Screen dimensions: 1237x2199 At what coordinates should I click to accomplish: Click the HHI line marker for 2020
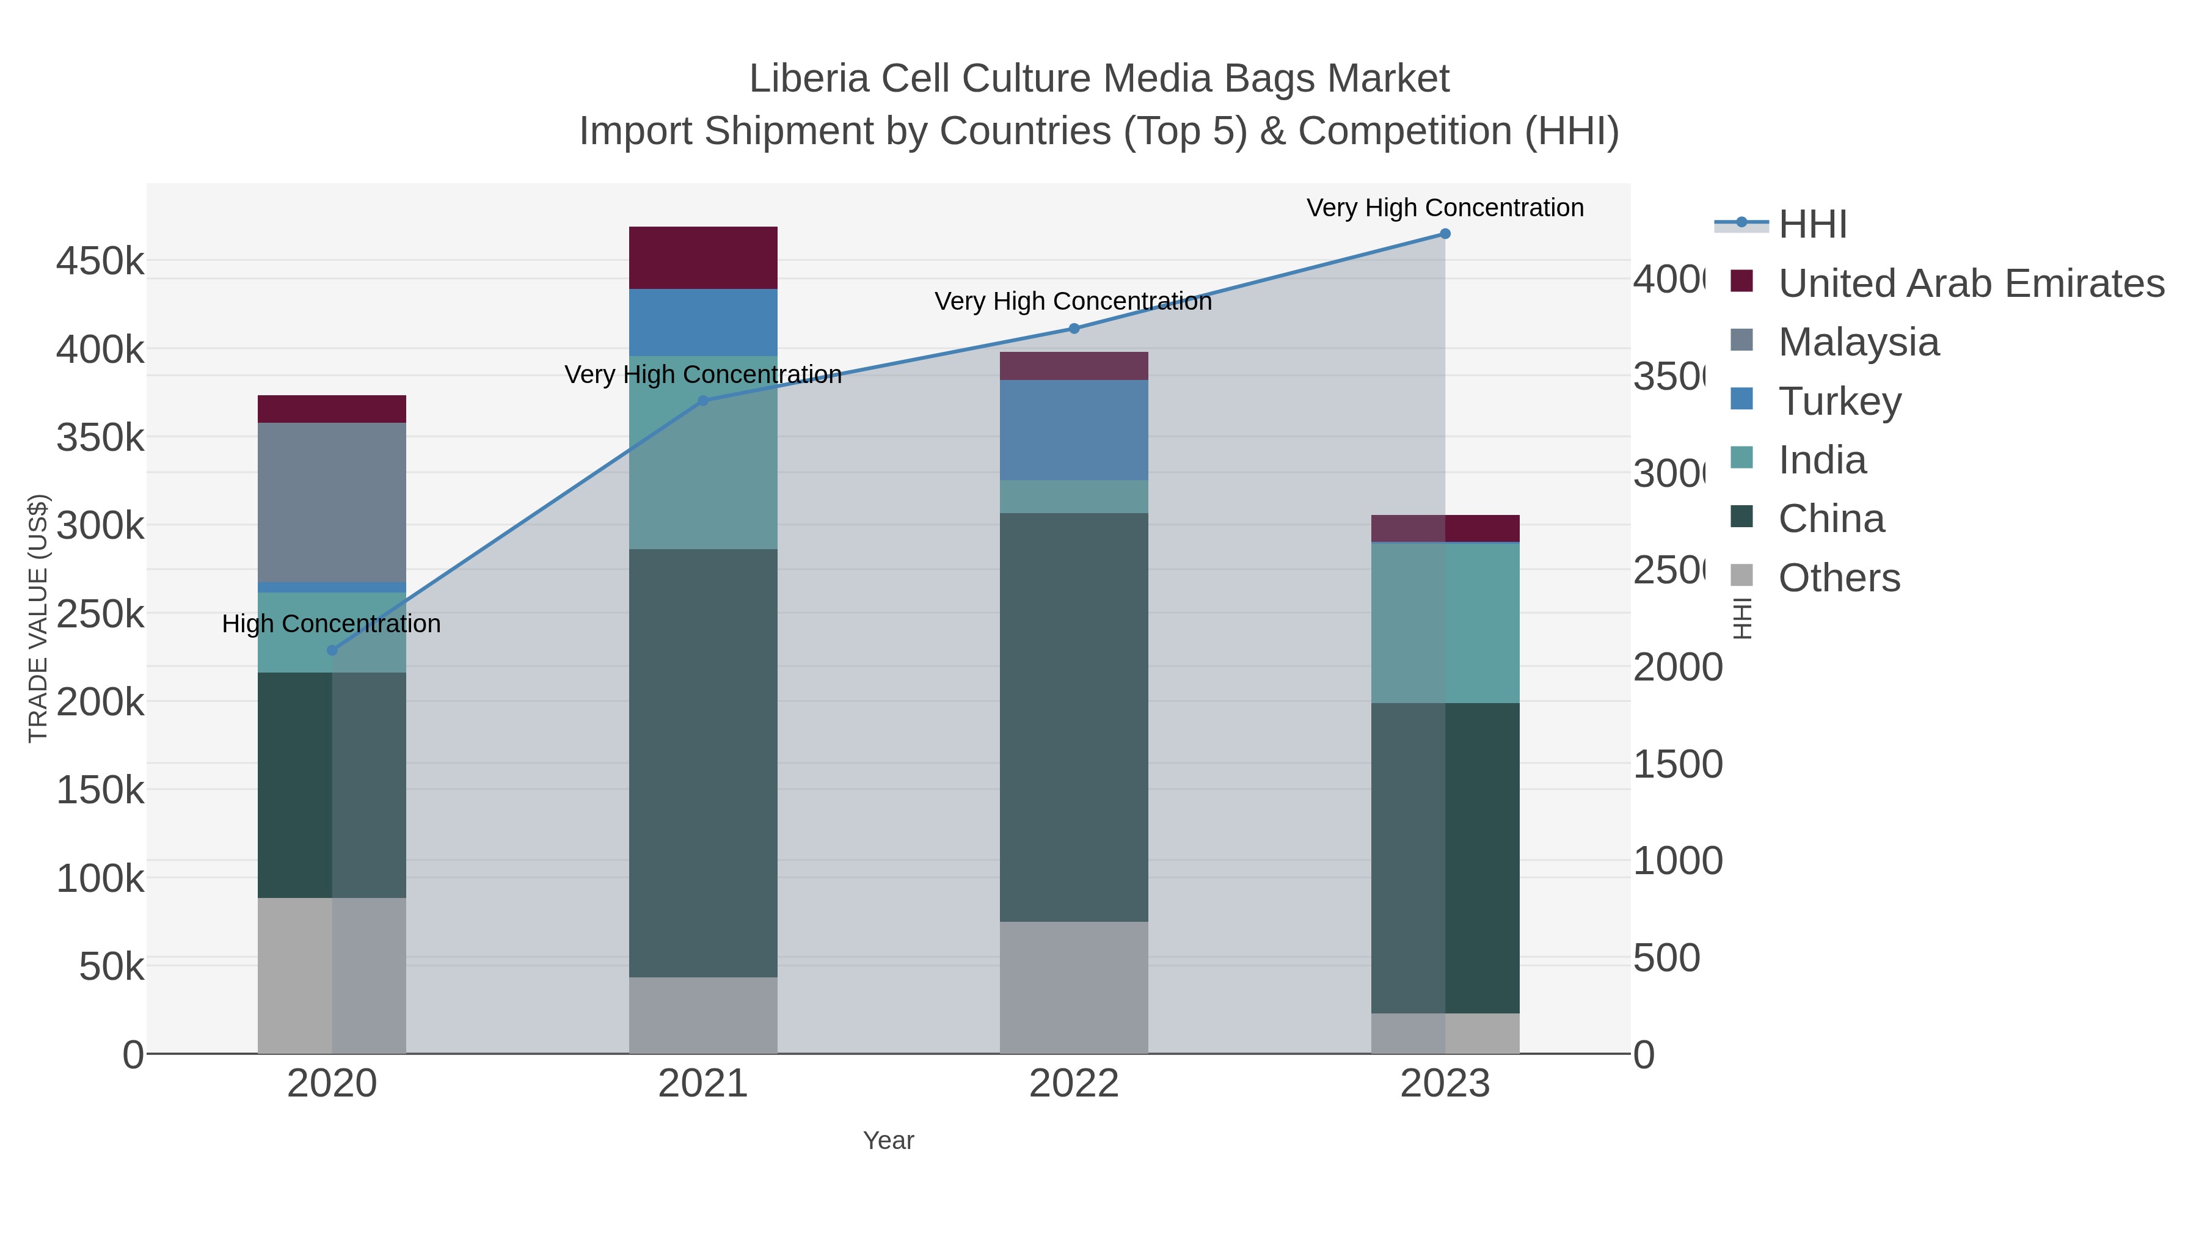(x=332, y=651)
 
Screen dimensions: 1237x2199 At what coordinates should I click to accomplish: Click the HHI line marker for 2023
(x=1445, y=234)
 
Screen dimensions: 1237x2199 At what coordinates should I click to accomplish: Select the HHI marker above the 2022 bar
(x=1074, y=329)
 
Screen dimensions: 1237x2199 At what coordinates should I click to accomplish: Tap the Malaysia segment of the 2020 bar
(x=332, y=502)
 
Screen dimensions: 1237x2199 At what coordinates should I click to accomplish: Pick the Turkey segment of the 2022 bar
(x=1074, y=429)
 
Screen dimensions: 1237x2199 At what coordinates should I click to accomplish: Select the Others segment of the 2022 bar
(x=1074, y=987)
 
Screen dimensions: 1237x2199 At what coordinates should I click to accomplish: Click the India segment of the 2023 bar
(x=1445, y=623)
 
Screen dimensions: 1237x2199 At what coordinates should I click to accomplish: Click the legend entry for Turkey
(x=1840, y=401)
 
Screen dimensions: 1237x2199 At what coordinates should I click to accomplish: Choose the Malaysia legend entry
(x=1858, y=342)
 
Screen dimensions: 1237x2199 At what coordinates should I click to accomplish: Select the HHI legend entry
(x=1812, y=225)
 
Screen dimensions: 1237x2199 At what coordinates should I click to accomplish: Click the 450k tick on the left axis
(x=100, y=261)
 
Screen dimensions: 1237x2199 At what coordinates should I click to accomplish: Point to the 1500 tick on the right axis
(x=1677, y=764)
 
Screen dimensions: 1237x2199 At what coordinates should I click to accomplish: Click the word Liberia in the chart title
(x=808, y=79)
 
